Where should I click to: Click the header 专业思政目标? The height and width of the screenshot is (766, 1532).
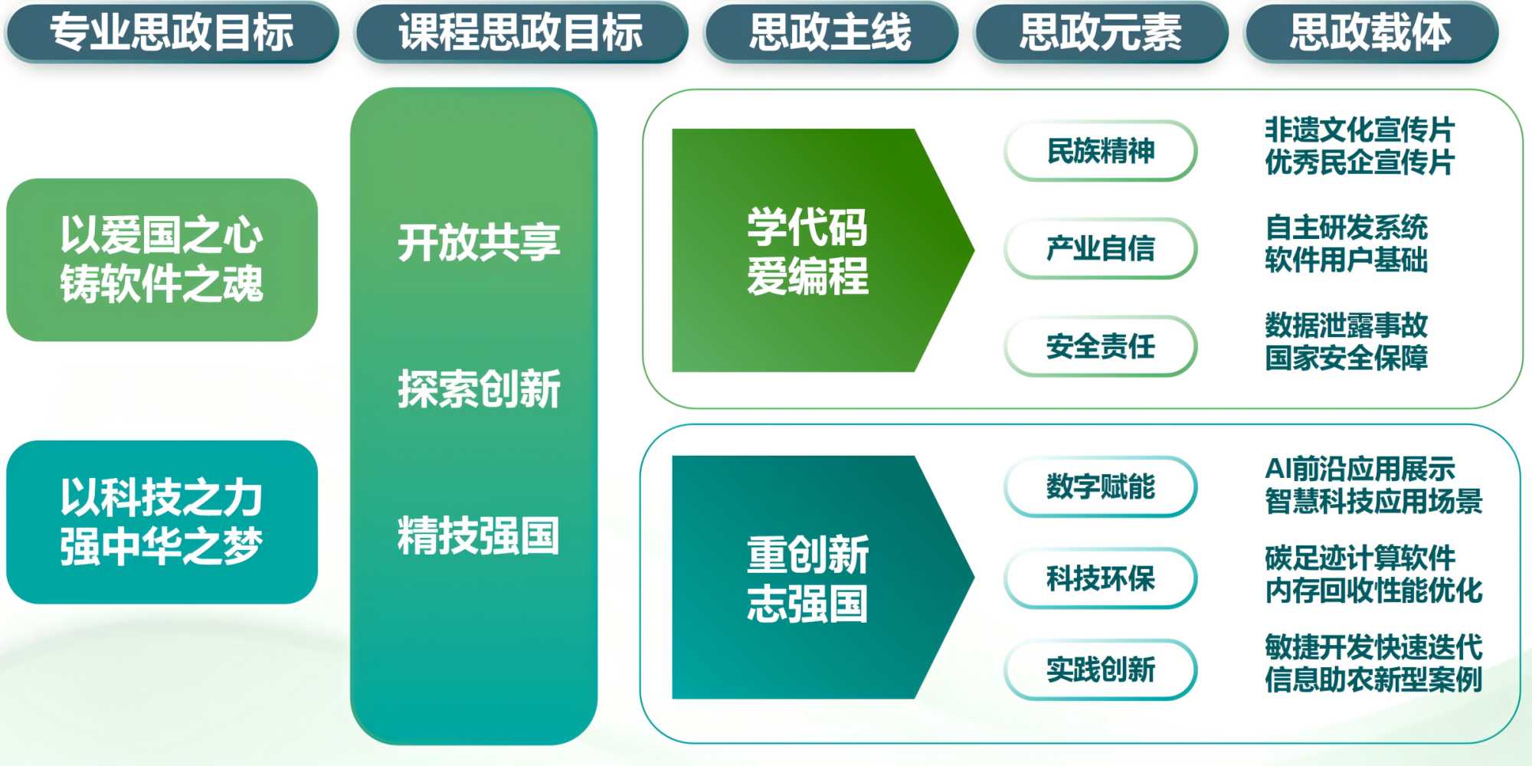click(x=172, y=32)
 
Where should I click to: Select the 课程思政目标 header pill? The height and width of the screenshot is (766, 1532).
click(x=521, y=32)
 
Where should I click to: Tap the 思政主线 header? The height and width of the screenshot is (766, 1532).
click(x=831, y=32)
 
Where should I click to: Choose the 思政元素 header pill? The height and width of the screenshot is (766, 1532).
click(x=1101, y=32)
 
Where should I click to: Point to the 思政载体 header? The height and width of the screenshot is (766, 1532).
click(x=1371, y=32)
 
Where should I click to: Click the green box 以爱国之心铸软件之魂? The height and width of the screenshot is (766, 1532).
click(x=162, y=260)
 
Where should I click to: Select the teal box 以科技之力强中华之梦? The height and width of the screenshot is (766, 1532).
click(x=162, y=522)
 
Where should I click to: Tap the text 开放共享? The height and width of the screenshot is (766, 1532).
click(x=479, y=242)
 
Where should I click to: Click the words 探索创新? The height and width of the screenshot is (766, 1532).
click(x=479, y=388)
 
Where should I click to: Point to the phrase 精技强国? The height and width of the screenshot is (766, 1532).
click(x=479, y=535)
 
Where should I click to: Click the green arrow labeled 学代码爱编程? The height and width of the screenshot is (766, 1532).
click(x=823, y=250)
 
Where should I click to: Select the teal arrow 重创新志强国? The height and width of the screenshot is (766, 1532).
click(x=823, y=578)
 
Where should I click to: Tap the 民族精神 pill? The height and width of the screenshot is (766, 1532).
click(x=1101, y=151)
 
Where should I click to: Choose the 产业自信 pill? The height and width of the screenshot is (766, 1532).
click(x=1101, y=248)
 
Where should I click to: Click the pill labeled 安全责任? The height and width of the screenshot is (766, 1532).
click(x=1101, y=346)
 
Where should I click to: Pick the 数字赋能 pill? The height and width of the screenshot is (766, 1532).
click(x=1101, y=486)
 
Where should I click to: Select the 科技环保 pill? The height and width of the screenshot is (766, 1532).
click(x=1101, y=578)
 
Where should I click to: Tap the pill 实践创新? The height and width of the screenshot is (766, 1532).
click(x=1101, y=669)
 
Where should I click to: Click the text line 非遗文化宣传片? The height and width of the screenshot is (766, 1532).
click(x=1360, y=129)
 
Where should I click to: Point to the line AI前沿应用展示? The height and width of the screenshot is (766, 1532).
click(x=1360, y=468)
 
